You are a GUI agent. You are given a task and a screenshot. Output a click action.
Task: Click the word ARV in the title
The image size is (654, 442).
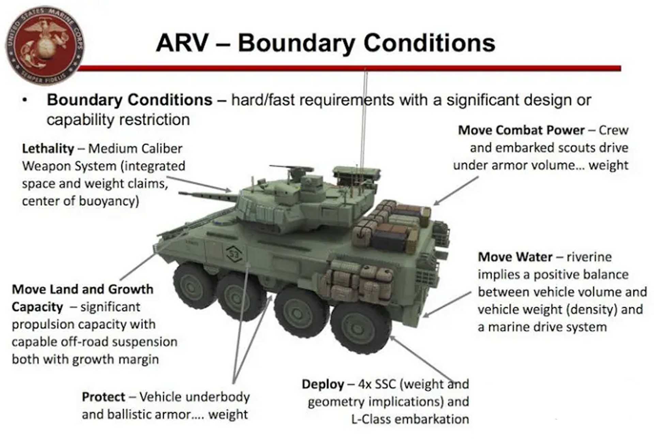[x=182, y=43]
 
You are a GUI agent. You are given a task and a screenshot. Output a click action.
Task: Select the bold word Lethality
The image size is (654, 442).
[x=48, y=149]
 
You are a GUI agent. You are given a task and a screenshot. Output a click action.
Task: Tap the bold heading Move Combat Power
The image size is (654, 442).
[x=521, y=130]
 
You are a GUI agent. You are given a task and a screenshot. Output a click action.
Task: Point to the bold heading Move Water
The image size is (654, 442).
[x=515, y=257]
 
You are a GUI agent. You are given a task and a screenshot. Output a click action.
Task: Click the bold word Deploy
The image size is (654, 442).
[x=323, y=384]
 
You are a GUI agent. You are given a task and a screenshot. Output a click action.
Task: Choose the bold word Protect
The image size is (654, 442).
[x=104, y=397]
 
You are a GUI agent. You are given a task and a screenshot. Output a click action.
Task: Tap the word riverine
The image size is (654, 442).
[x=589, y=257]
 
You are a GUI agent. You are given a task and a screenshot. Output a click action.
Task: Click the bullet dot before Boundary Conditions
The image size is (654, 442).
[x=24, y=100]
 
